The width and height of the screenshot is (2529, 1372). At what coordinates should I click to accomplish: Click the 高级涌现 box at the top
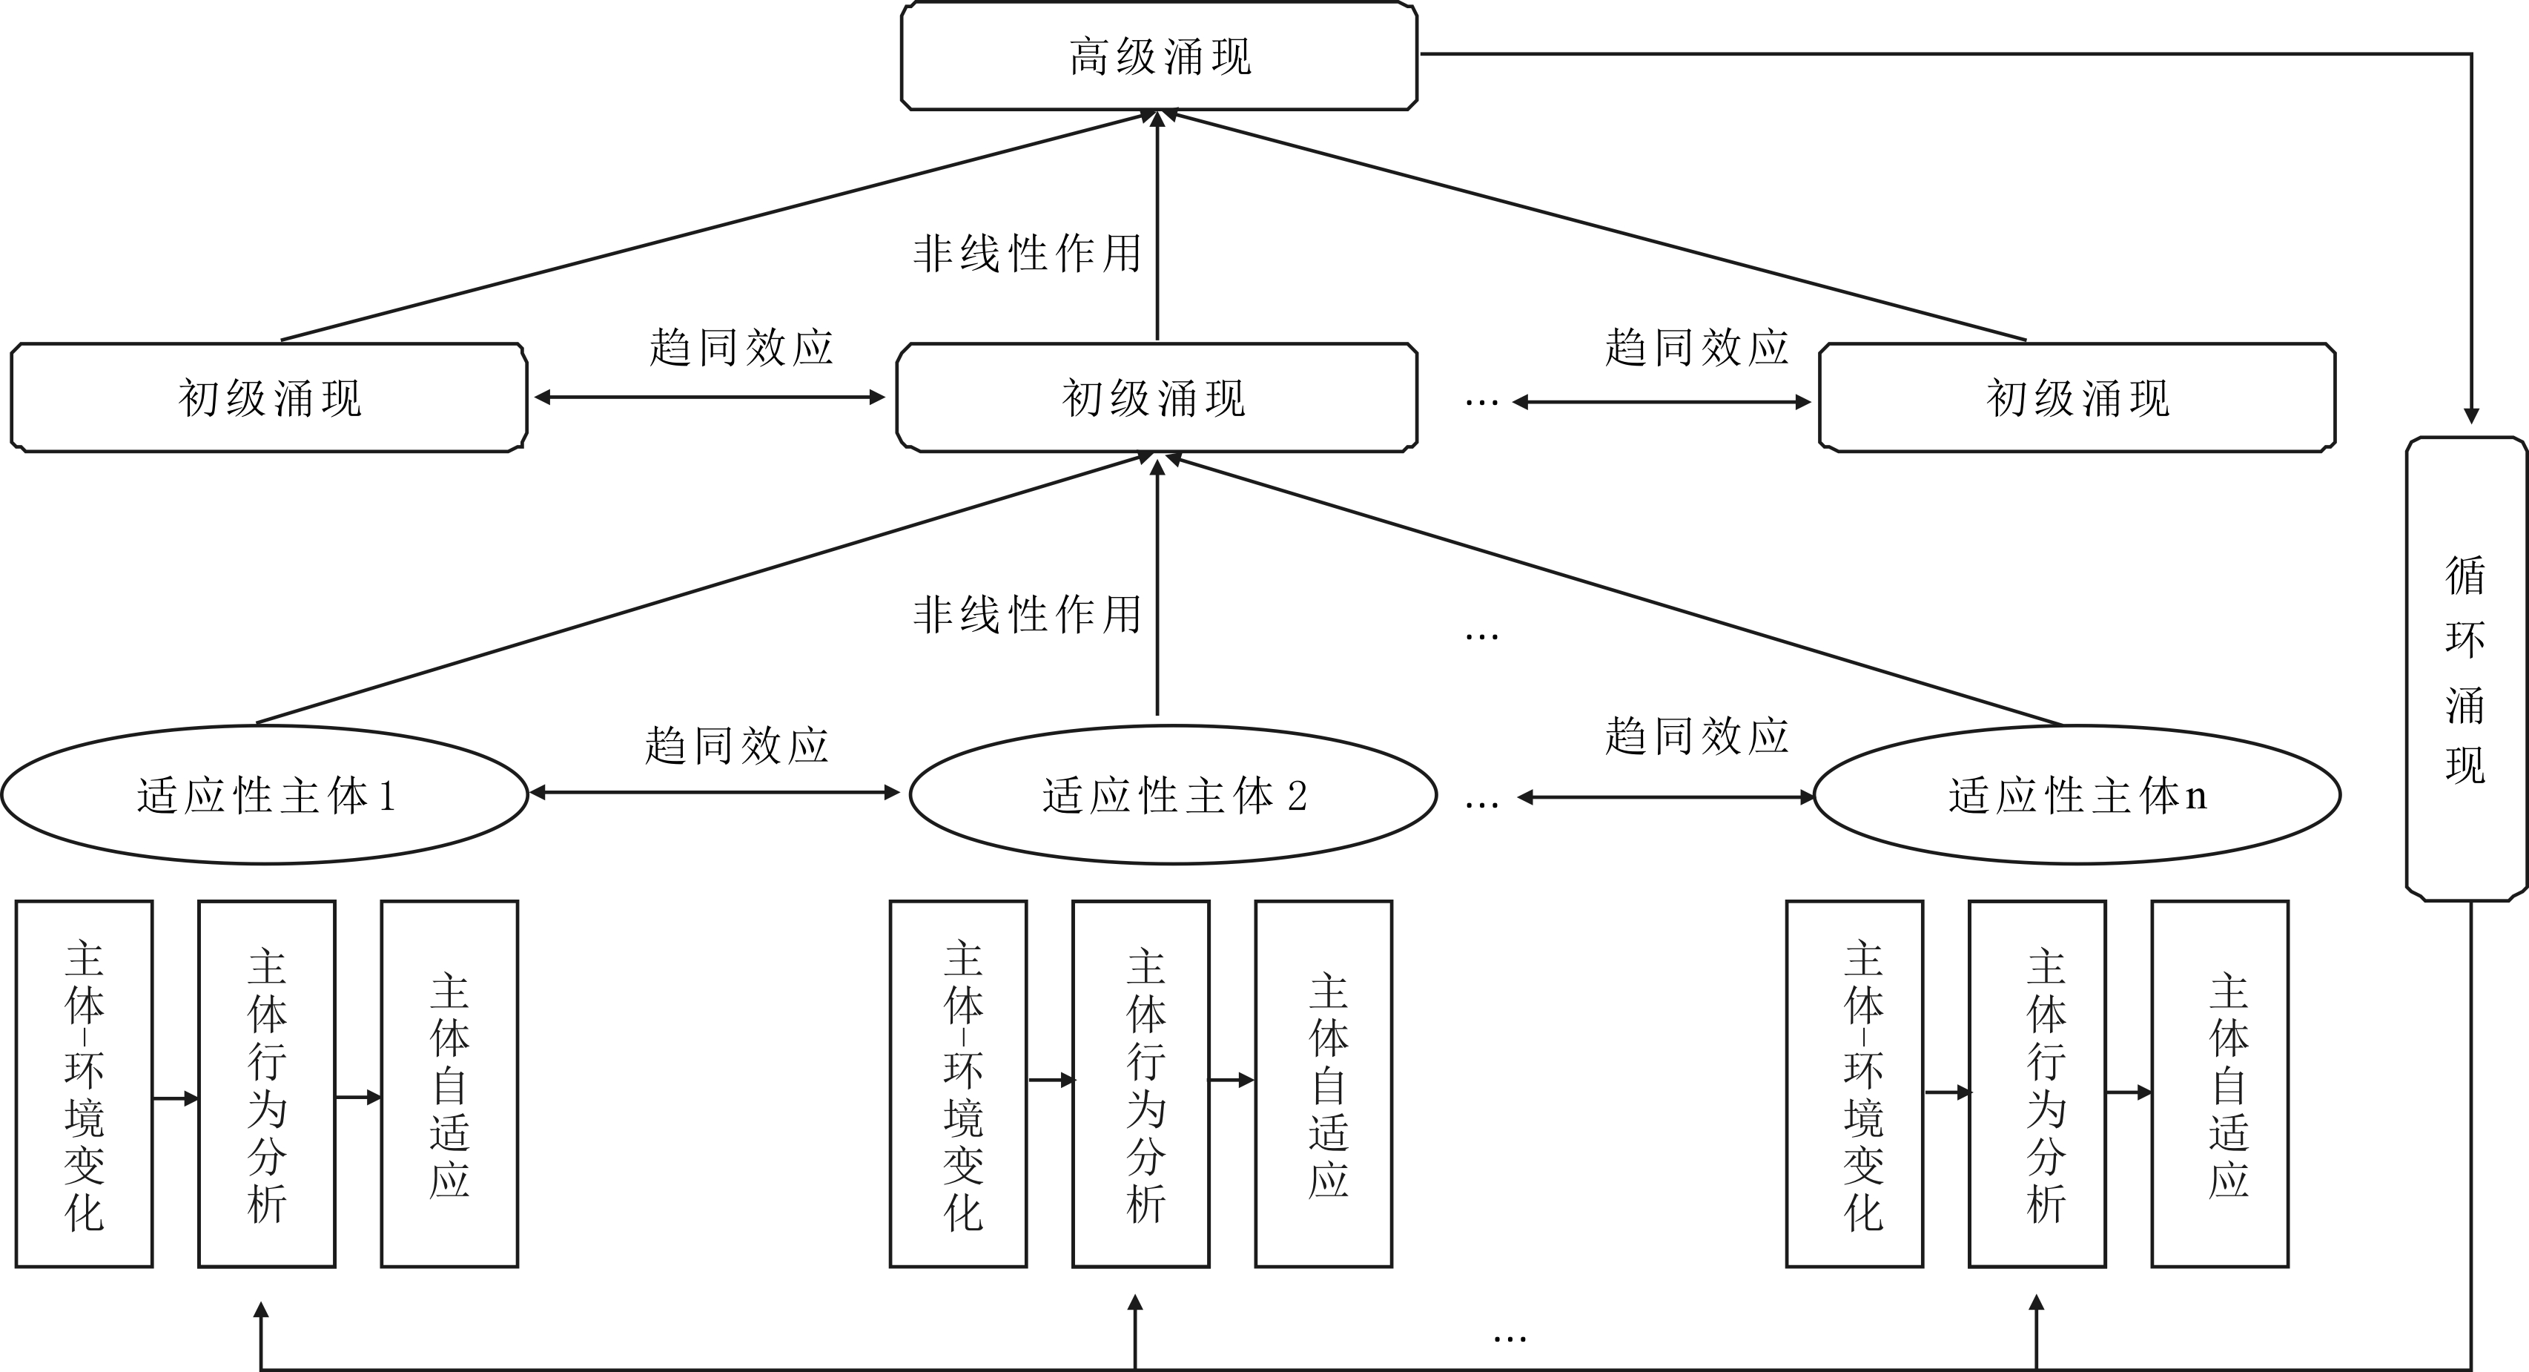point(1158,56)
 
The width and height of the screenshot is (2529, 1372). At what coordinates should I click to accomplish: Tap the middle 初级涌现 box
point(1156,398)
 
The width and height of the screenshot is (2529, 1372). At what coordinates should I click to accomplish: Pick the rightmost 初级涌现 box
point(2077,398)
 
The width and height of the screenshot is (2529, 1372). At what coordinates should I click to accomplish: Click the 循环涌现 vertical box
point(2465,669)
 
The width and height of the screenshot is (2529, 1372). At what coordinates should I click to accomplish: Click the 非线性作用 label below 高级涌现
point(1027,254)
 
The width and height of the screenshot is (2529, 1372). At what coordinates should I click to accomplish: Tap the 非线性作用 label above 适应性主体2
point(1027,615)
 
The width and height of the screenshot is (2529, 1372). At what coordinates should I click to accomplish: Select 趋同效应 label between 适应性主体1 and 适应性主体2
point(736,745)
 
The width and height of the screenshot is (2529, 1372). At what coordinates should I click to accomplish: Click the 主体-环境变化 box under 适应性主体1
point(85,1084)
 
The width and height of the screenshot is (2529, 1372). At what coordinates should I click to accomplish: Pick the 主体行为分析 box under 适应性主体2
point(1141,1084)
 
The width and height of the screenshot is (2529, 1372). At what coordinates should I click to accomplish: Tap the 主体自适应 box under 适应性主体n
point(2220,1084)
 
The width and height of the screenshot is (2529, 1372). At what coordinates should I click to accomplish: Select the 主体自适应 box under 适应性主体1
point(449,1084)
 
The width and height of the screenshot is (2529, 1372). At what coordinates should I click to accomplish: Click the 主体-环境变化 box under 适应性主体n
point(1854,1084)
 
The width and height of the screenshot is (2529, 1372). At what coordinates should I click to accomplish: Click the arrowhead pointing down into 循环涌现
point(2471,415)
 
